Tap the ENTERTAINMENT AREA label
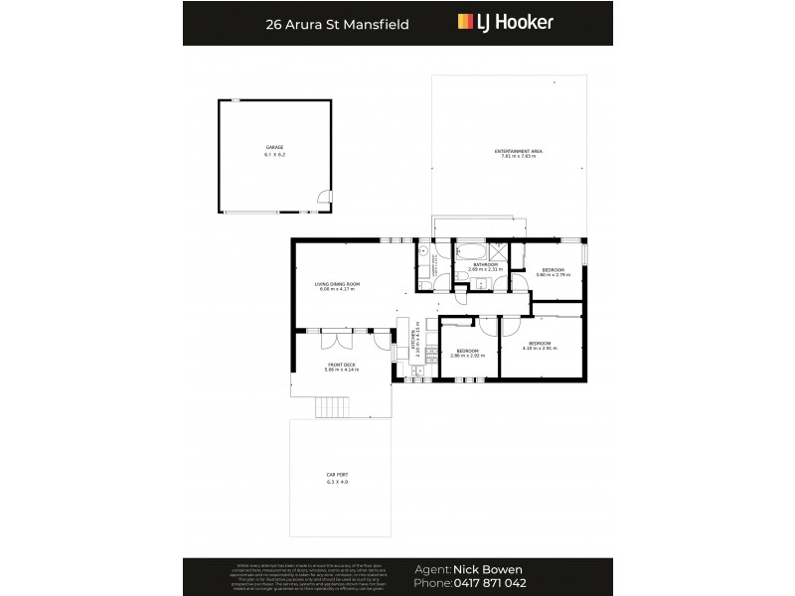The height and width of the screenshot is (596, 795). [x=518, y=151]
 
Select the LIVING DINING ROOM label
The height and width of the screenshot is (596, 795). [x=338, y=284]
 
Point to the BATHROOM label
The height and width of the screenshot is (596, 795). [x=485, y=264]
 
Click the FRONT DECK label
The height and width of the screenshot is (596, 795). [x=341, y=365]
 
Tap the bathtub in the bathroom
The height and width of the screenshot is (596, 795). [x=468, y=249]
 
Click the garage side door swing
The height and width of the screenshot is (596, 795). [x=323, y=198]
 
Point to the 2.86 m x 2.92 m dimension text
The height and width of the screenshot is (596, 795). [x=469, y=355]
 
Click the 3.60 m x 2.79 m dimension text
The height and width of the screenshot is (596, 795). [x=553, y=275]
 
